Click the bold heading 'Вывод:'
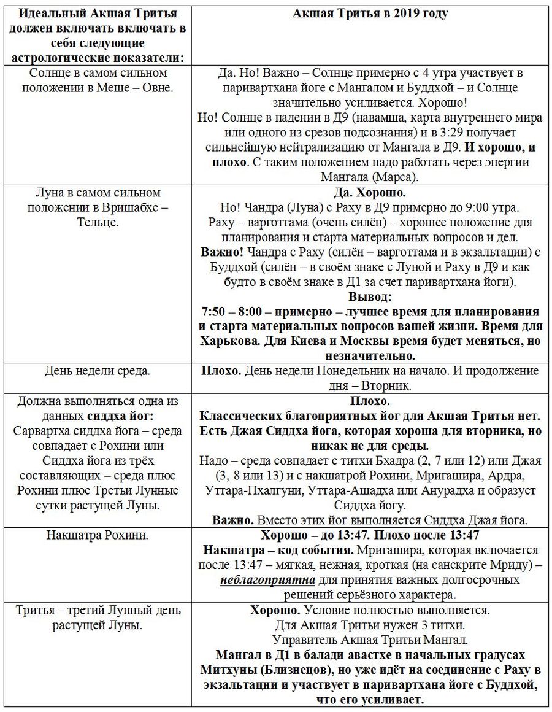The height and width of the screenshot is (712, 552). coord(370,296)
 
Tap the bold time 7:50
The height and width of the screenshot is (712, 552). coord(215,311)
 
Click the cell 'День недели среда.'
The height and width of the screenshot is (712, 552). coord(98,371)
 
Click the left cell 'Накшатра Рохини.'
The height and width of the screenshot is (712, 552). coord(98,535)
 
